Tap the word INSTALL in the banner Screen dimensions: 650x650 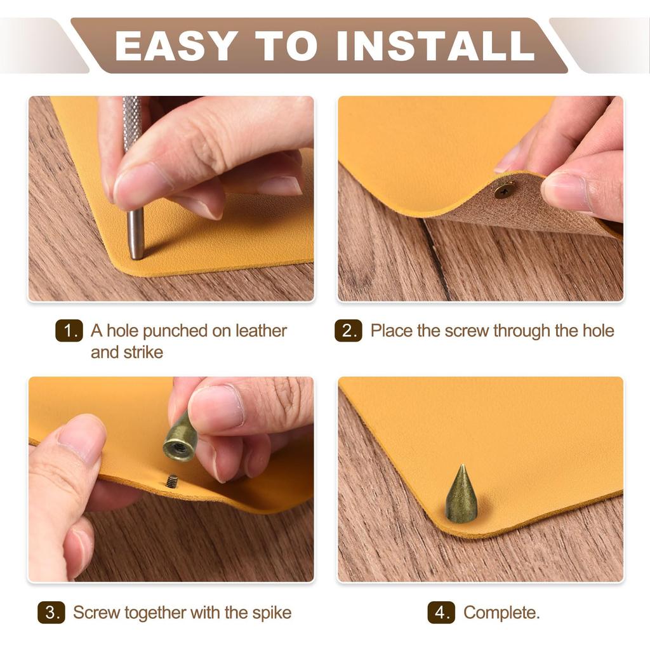click(x=435, y=46)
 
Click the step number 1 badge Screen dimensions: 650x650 click(x=69, y=331)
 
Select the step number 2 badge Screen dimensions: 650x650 click(x=348, y=331)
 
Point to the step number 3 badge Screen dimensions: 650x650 click(x=51, y=613)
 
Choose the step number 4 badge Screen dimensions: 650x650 click(x=441, y=613)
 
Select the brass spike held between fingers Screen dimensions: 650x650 click(x=181, y=436)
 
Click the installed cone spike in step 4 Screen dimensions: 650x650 click(x=461, y=493)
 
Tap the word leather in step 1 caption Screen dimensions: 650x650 click(x=261, y=331)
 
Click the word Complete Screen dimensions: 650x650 click(x=501, y=613)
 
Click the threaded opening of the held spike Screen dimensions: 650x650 click(x=178, y=449)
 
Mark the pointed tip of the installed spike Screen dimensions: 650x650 click(x=462, y=465)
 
